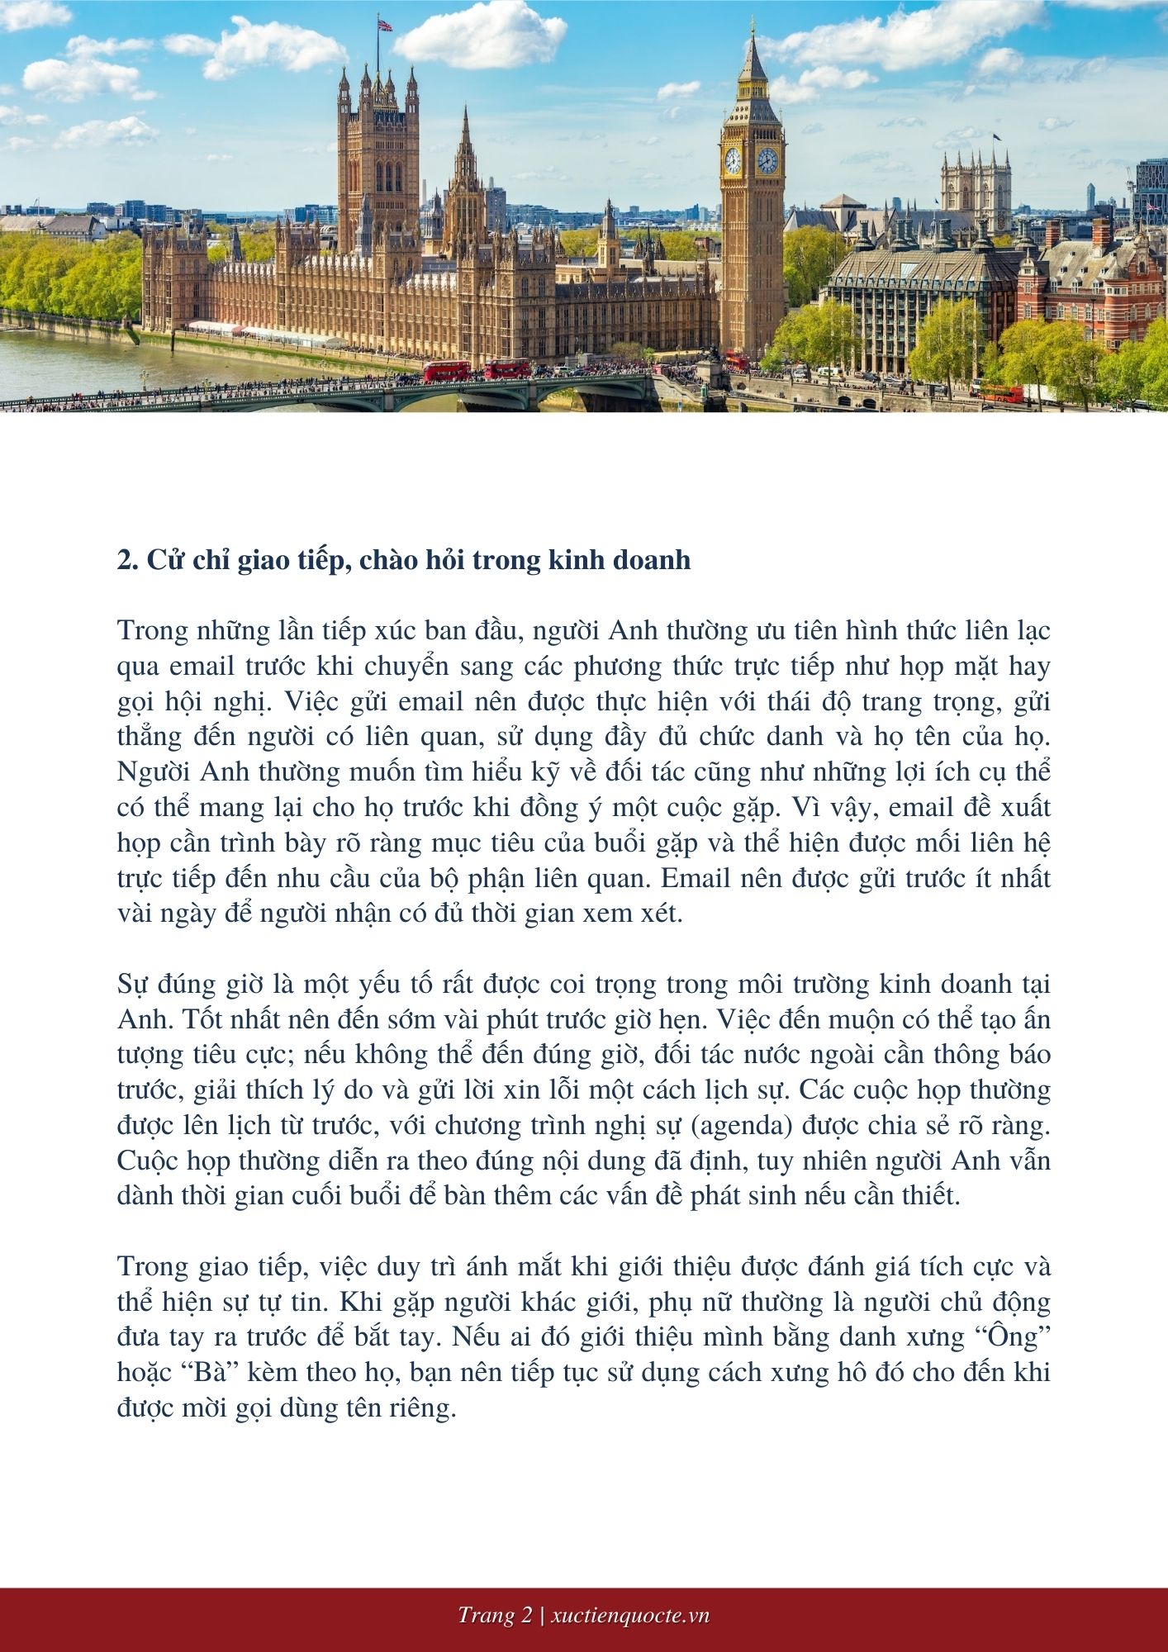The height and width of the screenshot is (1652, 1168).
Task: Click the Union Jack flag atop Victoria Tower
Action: click(x=384, y=25)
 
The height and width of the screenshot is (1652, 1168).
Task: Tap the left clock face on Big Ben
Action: click(x=733, y=160)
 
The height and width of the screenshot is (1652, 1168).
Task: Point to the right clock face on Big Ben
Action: click(x=767, y=160)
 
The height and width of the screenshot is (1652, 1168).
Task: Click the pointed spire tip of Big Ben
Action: click(x=753, y=25)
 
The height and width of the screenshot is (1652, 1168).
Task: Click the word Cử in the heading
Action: click(x=162, y=560)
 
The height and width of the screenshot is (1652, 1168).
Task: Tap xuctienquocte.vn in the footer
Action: click(x=629, y=1615)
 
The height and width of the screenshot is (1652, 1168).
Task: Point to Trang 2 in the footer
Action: click(x=495, y=1615)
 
